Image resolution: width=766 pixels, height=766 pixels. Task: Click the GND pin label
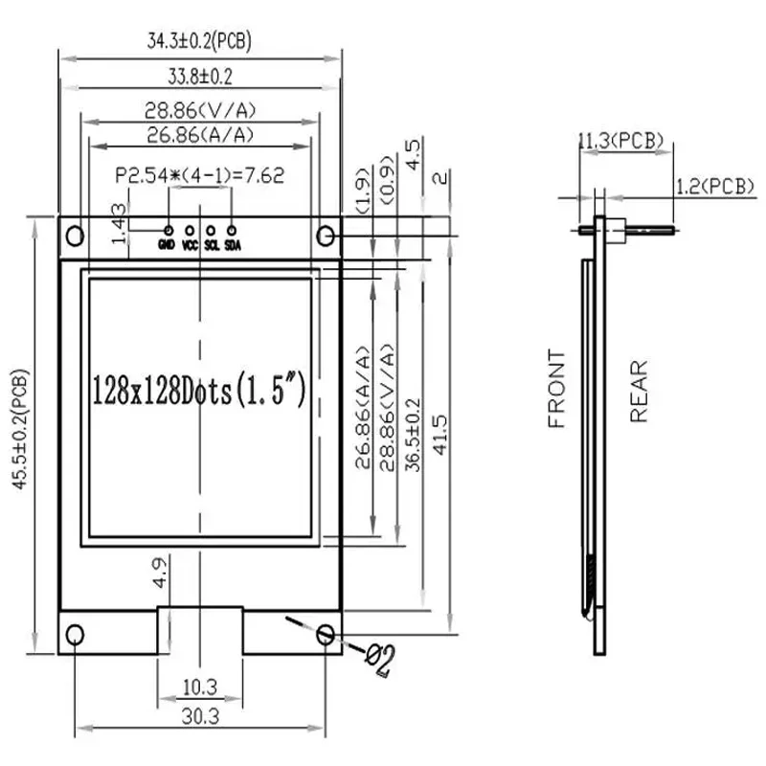(x=167, y=244)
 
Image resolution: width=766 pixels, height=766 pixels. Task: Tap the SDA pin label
(x=233, y=245)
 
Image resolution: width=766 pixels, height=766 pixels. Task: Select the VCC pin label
(x=190, y=245)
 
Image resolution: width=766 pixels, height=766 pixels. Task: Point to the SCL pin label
(x=212, y=245)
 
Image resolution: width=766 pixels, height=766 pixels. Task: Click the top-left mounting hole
(x=75, y=236)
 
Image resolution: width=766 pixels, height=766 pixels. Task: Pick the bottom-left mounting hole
(x=75, y=635)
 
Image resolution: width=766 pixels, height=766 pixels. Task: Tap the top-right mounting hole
(x=326, y=236)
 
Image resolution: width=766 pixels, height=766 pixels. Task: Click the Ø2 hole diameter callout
(x=380, y=660)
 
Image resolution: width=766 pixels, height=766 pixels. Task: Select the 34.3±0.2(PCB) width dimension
(x=199, y=41)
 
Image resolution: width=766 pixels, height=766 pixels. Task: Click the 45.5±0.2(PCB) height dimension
(x=20, y=429)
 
